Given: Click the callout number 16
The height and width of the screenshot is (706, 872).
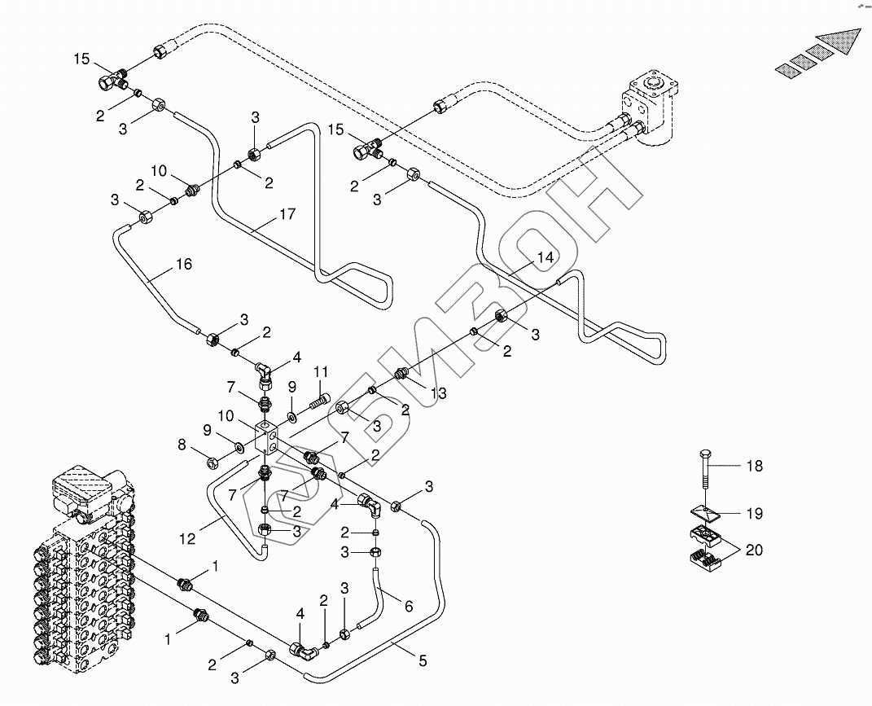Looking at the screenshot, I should coord(184,265).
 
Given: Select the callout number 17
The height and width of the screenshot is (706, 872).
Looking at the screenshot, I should coord(287,216).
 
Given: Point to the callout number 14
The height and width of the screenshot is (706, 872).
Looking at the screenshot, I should coord(546,258).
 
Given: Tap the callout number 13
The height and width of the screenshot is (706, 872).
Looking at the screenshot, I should coord(440,393).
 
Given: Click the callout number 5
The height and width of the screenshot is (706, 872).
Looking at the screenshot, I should coord(422,661).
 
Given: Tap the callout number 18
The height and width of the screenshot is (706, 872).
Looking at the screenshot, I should coord(755,466).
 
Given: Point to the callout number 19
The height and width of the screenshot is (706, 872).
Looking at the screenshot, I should coord(755,514).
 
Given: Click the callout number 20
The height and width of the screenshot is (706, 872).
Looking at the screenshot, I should coord(755,550).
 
